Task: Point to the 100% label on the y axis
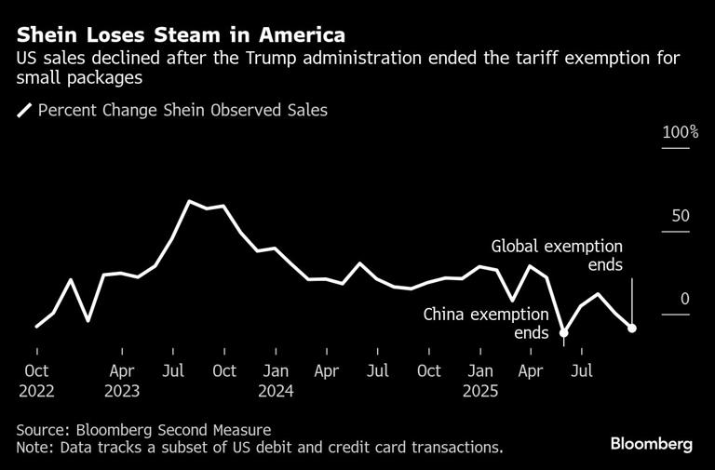pos(680,132)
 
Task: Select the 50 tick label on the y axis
pos(681,216)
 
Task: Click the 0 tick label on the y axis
pos(685,299)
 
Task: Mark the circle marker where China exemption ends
pos(564,332)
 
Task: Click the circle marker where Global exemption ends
pos(632,328)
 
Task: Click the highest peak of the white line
pos(189,201)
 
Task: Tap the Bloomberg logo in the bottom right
pos(651,444)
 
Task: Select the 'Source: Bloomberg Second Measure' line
pos(143,429)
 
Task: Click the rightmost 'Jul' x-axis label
pos(582,371)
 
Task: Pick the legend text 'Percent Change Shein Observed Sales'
pos(182,111)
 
